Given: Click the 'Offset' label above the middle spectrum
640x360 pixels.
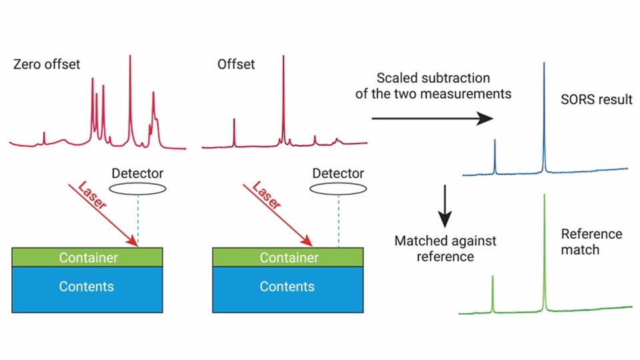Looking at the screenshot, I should [x=236, y=65].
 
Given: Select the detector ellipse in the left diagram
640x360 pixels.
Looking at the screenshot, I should [x=138, y=189].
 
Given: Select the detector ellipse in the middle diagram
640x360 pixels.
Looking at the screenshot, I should [x=338, y=189].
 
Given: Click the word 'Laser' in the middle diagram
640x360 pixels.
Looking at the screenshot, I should [x=265, y=195].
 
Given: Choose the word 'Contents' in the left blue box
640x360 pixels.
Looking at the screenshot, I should [x=87, y=287].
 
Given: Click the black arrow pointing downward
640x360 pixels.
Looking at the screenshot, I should [x=445, y=209].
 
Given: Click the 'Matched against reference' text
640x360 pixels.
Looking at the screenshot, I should [x=445, y=248].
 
